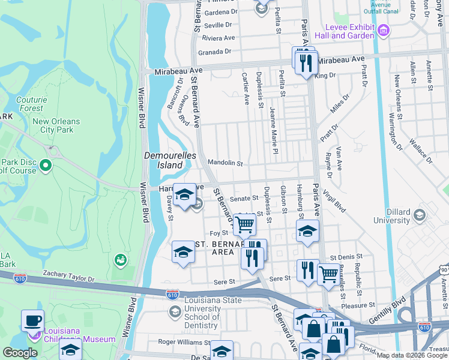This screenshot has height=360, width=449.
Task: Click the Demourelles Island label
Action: [163, 160]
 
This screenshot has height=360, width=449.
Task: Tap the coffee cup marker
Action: [32, 320]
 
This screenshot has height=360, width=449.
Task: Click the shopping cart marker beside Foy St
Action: [244, 224]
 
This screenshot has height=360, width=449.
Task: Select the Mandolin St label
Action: [224, 163]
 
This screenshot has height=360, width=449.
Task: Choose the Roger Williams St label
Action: [181, 341]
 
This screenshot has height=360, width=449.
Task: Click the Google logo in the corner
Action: [20, 353]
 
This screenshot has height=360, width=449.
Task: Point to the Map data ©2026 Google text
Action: [412, 355]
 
